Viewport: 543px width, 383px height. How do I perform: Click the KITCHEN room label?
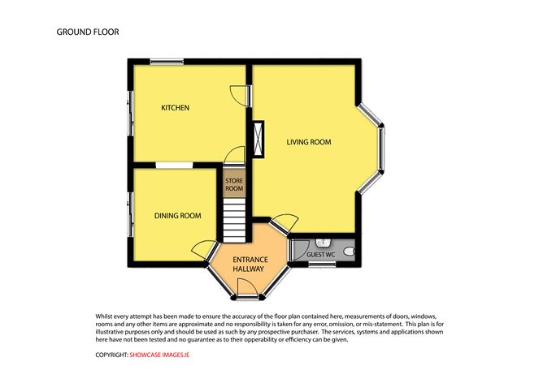pos(175,107)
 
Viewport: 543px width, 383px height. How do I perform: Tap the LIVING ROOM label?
pos(309,142)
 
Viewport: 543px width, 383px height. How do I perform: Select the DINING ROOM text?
pos(178,215)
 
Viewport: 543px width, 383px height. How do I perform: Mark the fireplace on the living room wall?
pos(258,137)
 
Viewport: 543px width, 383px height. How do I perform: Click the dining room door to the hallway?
pos(203,249)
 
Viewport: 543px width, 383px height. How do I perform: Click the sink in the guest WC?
pos(323,242)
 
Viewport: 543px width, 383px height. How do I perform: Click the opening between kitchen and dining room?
pos(174,166)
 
